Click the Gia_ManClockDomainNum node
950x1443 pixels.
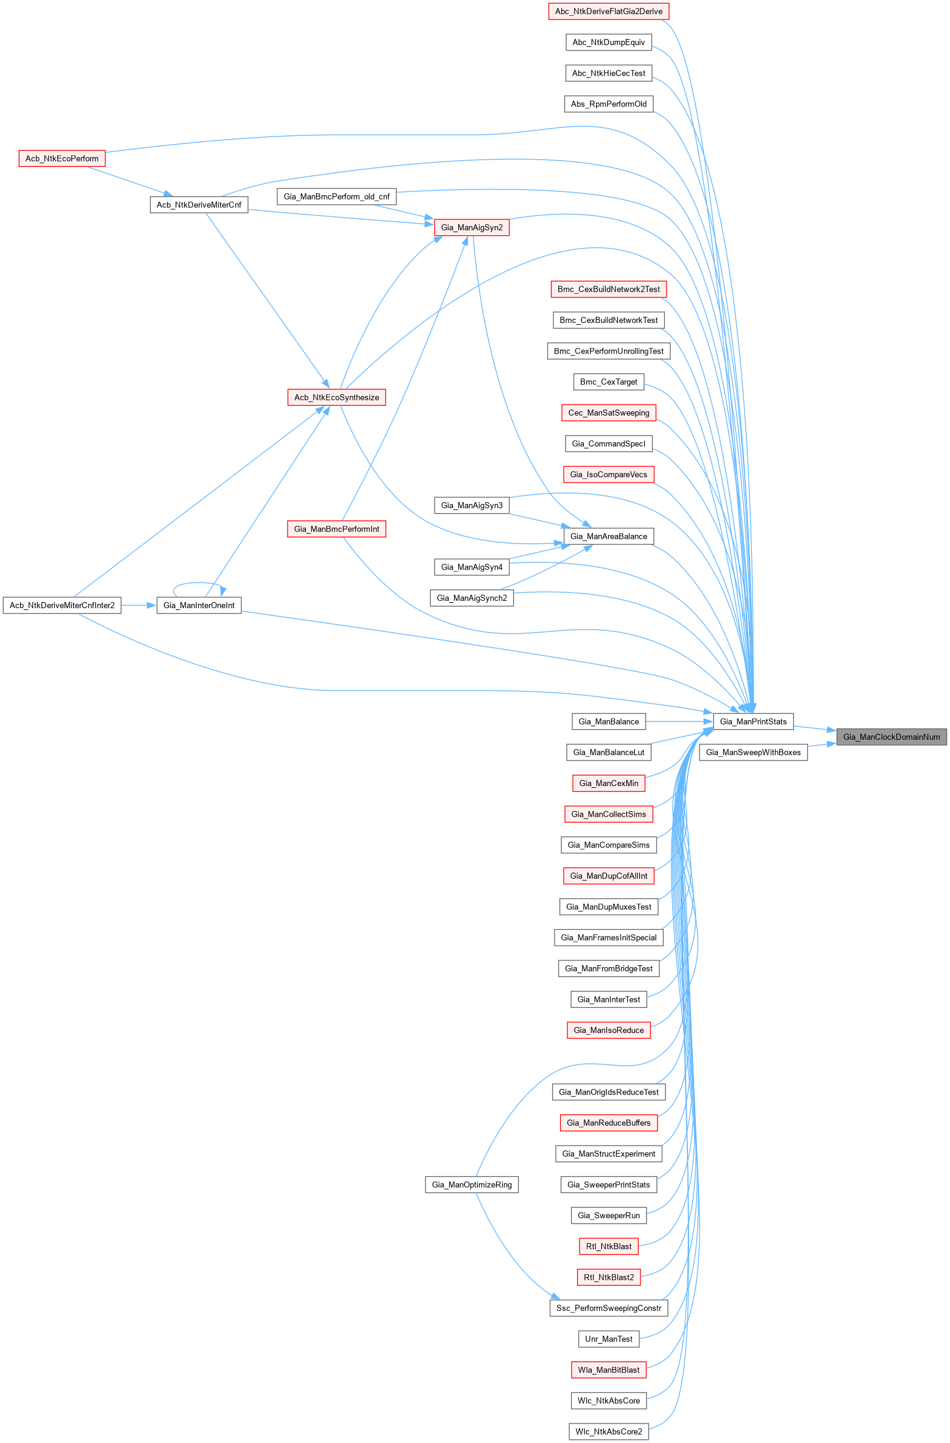click(x=891, y=737)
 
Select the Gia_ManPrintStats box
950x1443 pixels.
click(x=753, y=721)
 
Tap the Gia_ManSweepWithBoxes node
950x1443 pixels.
click(x=753, y=752)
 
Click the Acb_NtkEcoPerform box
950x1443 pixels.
click(x=62, y=158)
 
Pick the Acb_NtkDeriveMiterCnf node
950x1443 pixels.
click(x=199, y=205)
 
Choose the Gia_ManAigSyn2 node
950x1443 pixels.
click(x=472, y=227)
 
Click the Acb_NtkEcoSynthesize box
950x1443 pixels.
click(x=336, y=397)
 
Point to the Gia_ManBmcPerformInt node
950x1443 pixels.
click(x=336, y=529)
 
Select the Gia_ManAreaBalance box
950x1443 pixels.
click(x=609, y=536)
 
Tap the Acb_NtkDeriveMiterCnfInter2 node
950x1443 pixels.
click(x=62, y=605)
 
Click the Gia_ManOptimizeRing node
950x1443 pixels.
click(x=472, y=1185)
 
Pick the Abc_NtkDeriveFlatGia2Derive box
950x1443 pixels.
click(x=609, y=11)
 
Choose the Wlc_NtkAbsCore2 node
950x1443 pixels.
click(x=609, y=1431)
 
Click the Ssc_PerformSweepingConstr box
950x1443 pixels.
click(x=609, y=1308)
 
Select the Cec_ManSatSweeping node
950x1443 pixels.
click(x=609, y=413)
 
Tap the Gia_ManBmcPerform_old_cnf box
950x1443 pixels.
click(x=336, y=196)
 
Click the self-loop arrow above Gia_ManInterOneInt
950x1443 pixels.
click(x=198, y=584)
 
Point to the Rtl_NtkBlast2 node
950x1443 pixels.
click(x=609, y=1277)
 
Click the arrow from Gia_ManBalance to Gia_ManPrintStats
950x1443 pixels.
click(x=679, y=721)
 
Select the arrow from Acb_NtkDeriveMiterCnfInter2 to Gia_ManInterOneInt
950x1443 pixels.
click(x=139, y=605)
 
